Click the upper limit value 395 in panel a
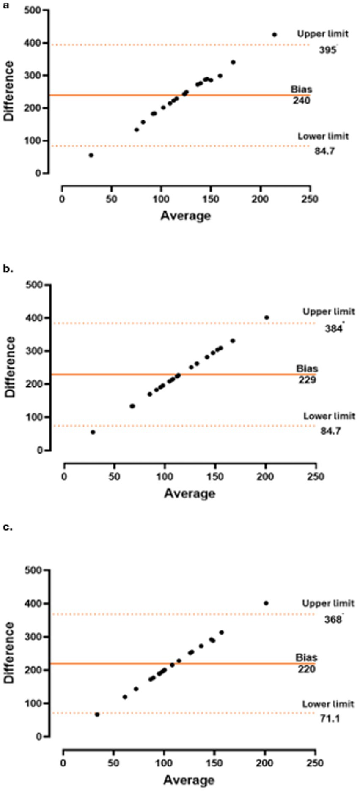(x=327, y=50)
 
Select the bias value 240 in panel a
(x=301, y=101)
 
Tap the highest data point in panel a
(x=274, y=35)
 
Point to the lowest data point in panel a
(x=91, y=155)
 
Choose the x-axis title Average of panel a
(x=185, y=216)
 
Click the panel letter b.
(x=8, y=268)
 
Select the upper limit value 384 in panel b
(x=333, y=328)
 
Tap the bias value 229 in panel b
(x=307, y=380)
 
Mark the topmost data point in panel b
(x=267, y=317)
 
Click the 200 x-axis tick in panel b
(x=266, y=476)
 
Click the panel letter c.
(x=7, y=527)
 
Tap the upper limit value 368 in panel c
(x=333, y=620)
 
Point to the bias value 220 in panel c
(x=306, y=669)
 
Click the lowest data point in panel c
(x=97, y=714)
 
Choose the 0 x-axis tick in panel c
(x=63, y=763)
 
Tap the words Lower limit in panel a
(x=323, y=136)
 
